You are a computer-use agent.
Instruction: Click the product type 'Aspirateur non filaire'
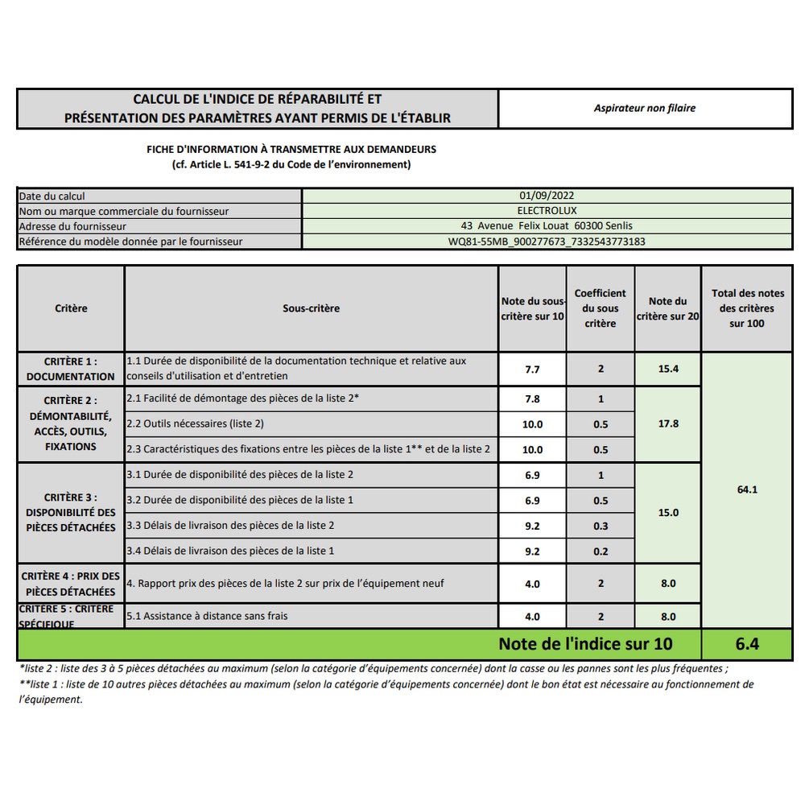tap(644, 108)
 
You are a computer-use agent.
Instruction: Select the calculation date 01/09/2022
tap(547, 195)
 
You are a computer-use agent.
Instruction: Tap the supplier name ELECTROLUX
tap(547, 210)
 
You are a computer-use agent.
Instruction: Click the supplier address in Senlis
tap(547, 225)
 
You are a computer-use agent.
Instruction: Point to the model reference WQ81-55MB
tap(547, 241)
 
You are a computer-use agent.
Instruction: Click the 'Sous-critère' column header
tap(311, 308)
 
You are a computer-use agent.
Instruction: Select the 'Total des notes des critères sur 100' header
tap(747, 308)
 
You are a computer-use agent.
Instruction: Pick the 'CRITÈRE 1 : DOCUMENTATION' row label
tap(71, 369)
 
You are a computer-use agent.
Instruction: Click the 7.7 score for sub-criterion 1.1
tap(532, 369)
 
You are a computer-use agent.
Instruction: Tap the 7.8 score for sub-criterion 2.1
tap(532, 399)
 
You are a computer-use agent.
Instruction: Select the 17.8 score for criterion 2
tap(668, 423)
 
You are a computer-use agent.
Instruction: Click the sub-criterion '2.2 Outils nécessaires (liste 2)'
tap(195, 423)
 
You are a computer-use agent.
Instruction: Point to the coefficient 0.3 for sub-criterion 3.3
tap(600, 526)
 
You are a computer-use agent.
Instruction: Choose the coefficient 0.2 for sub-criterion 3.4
tap(600, 551)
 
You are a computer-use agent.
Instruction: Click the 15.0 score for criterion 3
tap(668, 513)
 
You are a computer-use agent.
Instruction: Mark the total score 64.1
tap(747, 489)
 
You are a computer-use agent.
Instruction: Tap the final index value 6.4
tap(747, 644)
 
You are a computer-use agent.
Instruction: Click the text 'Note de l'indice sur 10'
tap(585, 644)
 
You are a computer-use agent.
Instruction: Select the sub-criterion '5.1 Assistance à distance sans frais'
tap(208, 616)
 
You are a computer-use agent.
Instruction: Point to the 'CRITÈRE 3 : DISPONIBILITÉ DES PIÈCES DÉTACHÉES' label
tap(71, 513)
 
